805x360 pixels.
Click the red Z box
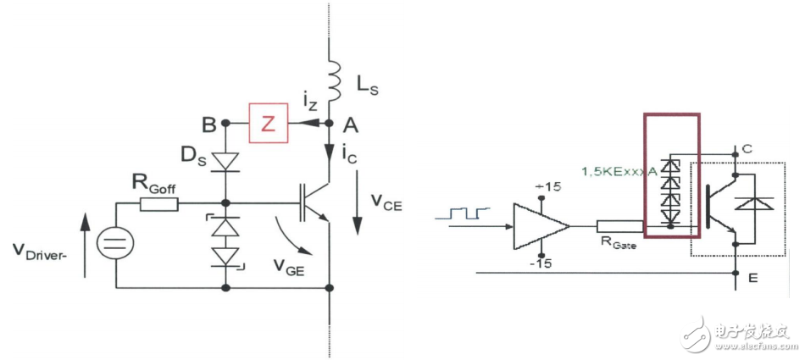(268, 124)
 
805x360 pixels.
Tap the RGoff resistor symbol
(159, 203)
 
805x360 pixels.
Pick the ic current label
(347, 155)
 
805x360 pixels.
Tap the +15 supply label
(541, 186)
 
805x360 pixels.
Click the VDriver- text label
(42, 251)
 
